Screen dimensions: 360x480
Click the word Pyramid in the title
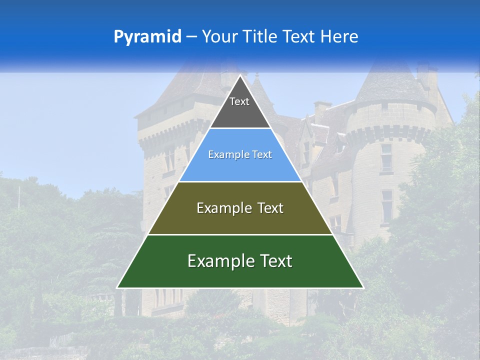tap(147, 37)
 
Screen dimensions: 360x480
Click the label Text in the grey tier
tap(239, 101)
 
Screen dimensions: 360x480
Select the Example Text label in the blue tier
tap(240, 155)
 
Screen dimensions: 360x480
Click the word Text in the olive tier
tap(270, 208)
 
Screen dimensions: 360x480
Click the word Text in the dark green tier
tap(274, 261)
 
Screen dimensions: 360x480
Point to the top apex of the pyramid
tap(240, 76)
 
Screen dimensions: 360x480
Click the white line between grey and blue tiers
tap(240, 128)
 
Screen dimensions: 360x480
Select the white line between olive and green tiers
tap(240, 234)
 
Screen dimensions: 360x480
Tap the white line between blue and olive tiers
tap(240, 181)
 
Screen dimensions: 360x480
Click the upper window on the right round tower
tap(386, 155)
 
